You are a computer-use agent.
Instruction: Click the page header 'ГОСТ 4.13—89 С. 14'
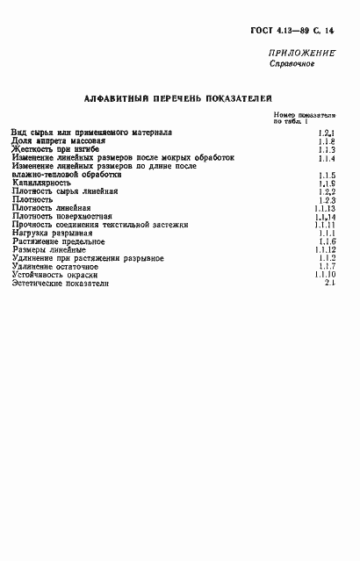[299, 32]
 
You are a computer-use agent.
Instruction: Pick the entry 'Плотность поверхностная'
[62, 216]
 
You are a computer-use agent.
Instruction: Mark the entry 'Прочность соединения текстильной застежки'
[101, 225]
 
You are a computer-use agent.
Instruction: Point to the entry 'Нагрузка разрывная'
[53, 233]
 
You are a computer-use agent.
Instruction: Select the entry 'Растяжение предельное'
[59, 241]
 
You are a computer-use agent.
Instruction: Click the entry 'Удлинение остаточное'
[55, 266]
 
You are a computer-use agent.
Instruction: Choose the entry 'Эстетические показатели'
[62, 283]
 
